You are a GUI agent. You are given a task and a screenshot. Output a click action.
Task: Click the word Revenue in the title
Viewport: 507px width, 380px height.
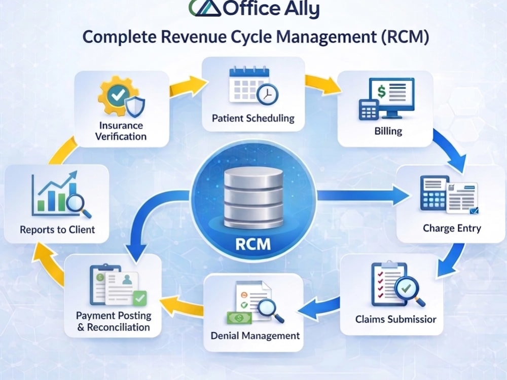193,36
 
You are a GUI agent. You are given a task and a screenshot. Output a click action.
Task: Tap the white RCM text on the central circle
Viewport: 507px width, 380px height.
253,244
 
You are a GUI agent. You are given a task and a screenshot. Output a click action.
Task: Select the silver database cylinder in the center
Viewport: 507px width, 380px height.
253,198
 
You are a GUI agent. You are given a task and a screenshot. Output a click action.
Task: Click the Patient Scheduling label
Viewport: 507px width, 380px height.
253,118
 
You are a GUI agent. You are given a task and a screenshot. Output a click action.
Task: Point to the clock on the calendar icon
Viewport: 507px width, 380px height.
267,94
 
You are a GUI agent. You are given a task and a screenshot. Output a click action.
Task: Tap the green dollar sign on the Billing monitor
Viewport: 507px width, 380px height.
382,91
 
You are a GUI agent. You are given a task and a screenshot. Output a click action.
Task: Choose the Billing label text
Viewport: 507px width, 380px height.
388,131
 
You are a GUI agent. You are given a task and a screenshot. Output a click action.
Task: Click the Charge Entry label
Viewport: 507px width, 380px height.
452,228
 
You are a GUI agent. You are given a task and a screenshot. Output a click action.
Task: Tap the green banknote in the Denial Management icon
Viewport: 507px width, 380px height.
239,318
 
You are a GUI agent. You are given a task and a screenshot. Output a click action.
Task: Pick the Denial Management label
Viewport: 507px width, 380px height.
255,336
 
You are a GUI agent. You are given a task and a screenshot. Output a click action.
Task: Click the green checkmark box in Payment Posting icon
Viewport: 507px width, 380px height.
140,298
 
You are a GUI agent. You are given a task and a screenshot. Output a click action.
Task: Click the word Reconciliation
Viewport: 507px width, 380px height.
118,327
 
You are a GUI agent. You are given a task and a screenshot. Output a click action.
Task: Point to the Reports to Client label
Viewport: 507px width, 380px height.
57,230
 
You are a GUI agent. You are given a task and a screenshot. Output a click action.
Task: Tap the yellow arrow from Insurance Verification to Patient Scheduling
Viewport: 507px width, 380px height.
189,86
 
